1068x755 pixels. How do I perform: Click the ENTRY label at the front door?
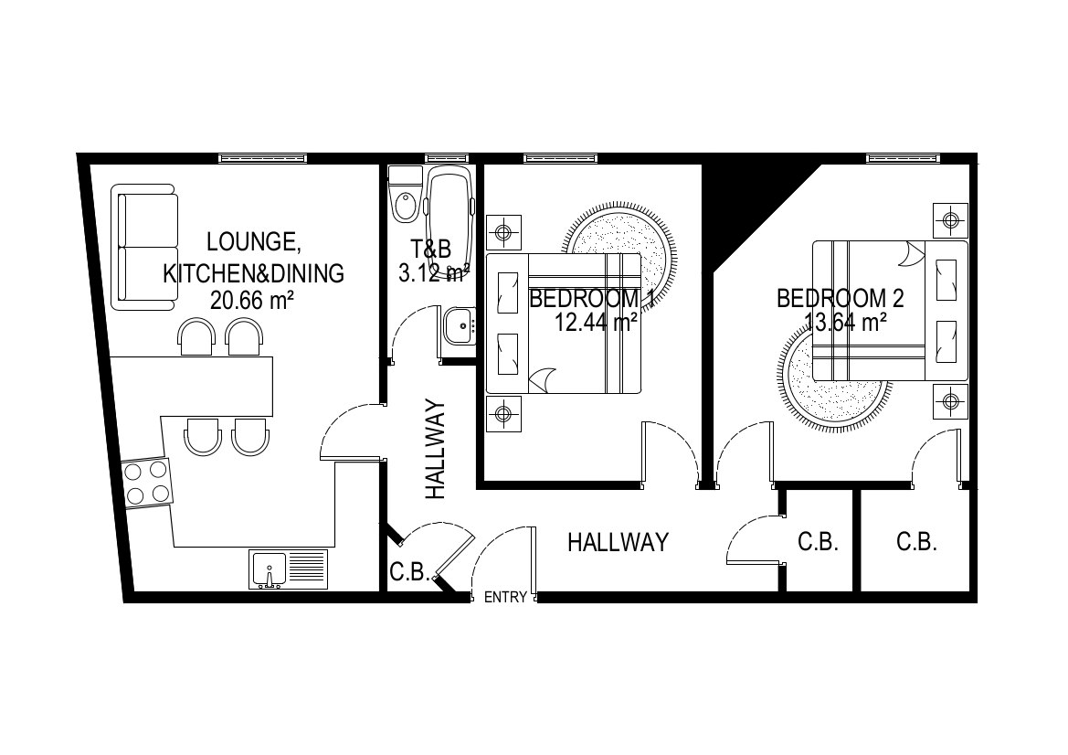(504, 598)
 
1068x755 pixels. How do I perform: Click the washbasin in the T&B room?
(460, 325)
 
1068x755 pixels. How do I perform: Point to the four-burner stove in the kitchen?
(146, 483)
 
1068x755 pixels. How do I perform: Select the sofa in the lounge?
(144, 247)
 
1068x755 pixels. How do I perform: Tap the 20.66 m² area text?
(252, 300)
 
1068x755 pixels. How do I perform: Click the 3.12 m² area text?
(433, 274)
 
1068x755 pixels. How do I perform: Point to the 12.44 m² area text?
(596, 322)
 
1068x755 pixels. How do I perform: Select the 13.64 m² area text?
(845, 322)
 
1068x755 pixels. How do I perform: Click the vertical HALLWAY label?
(435, 449)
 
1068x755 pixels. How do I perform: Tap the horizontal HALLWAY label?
(618, 542)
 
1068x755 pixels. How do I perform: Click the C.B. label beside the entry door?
(408, 571)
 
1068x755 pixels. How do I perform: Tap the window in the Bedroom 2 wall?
(904, 159)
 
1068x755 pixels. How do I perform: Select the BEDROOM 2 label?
(841, 299)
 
